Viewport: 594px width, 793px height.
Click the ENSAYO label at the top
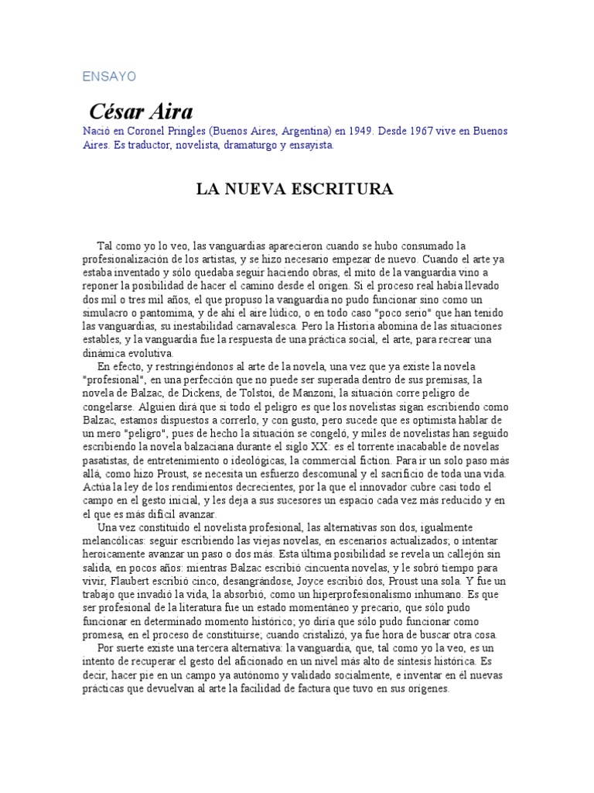click(x=109, y=77)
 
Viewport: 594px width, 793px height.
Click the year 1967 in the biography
click(x=422, y=132)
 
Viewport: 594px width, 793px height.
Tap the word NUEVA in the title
click(x=260, y=190)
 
